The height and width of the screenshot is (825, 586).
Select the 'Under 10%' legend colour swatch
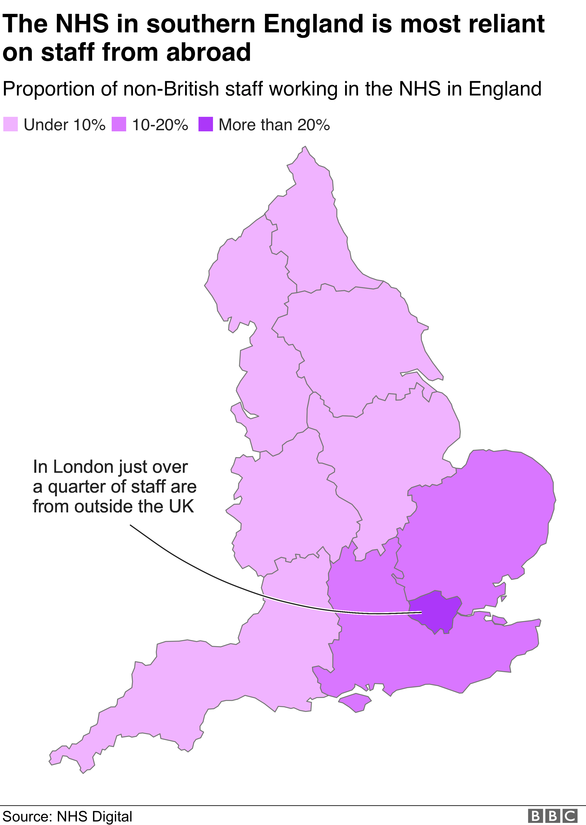tap(11, 124)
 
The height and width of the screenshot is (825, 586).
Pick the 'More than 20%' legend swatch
tap(206, 124)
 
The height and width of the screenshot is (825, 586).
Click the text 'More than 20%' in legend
tap(274, 125)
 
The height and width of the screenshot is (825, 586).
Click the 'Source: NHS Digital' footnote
tap(67, 816)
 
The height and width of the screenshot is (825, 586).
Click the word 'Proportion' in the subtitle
tap(49, 89)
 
